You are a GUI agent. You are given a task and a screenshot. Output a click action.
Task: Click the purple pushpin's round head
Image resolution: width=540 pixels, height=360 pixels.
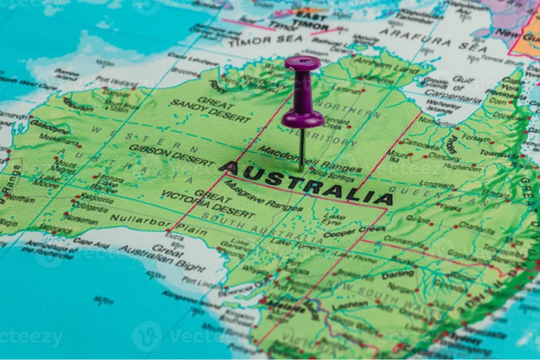[x=302, y=64]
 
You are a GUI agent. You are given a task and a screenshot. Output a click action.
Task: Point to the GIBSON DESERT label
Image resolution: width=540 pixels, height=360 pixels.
[x=171, y=155]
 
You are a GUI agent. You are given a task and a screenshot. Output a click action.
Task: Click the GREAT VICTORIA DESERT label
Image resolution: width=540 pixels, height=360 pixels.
[x=208, y=203]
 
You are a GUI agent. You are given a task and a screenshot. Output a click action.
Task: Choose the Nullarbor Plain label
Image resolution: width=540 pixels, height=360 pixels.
[x=158, y=223]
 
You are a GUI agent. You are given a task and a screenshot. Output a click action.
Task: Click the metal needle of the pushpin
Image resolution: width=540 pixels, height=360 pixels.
[x=302, y=150]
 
